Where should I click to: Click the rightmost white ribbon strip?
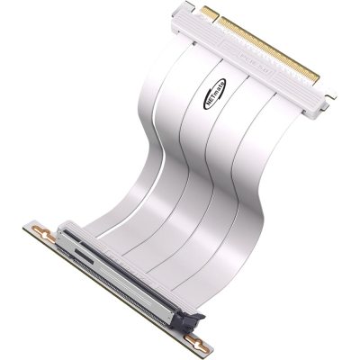(x=252, y=180)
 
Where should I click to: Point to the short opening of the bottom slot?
(x=76, y=247)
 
